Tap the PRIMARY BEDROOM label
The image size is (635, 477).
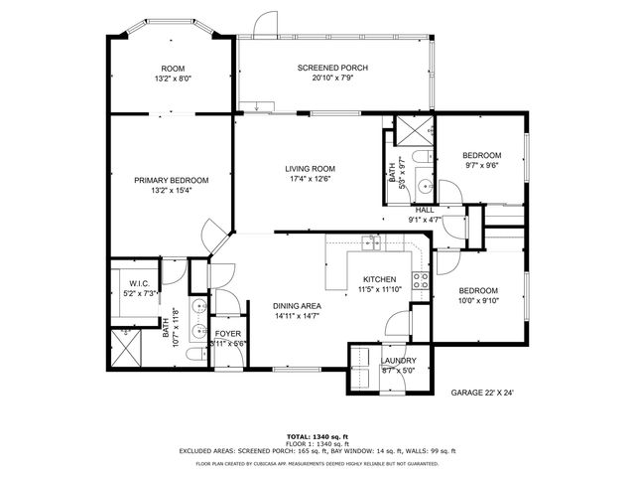[172, 180]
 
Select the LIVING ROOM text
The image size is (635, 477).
[308, 169]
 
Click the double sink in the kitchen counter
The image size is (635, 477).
[372, 241]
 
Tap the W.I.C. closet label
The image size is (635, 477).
[138, 283]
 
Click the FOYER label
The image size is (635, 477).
[228, 334]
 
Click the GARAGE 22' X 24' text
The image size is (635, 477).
[483, 393]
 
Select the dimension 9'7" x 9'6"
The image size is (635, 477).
[481, 166]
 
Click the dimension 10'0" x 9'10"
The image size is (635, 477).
[479, 302]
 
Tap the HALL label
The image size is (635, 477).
[425, 210]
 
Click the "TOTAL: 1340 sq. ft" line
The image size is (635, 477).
[317, 436]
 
